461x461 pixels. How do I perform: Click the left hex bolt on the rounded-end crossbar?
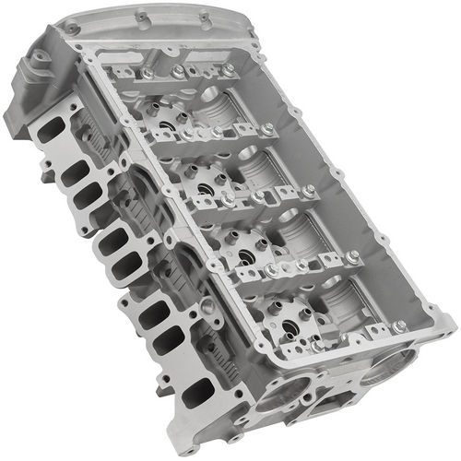(x=147, y=73)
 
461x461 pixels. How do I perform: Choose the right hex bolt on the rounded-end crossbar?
(x=227, y=69)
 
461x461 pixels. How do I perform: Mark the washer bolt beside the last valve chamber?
(x=399, y=325)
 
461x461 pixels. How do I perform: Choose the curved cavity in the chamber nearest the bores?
(x=350, y=300)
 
